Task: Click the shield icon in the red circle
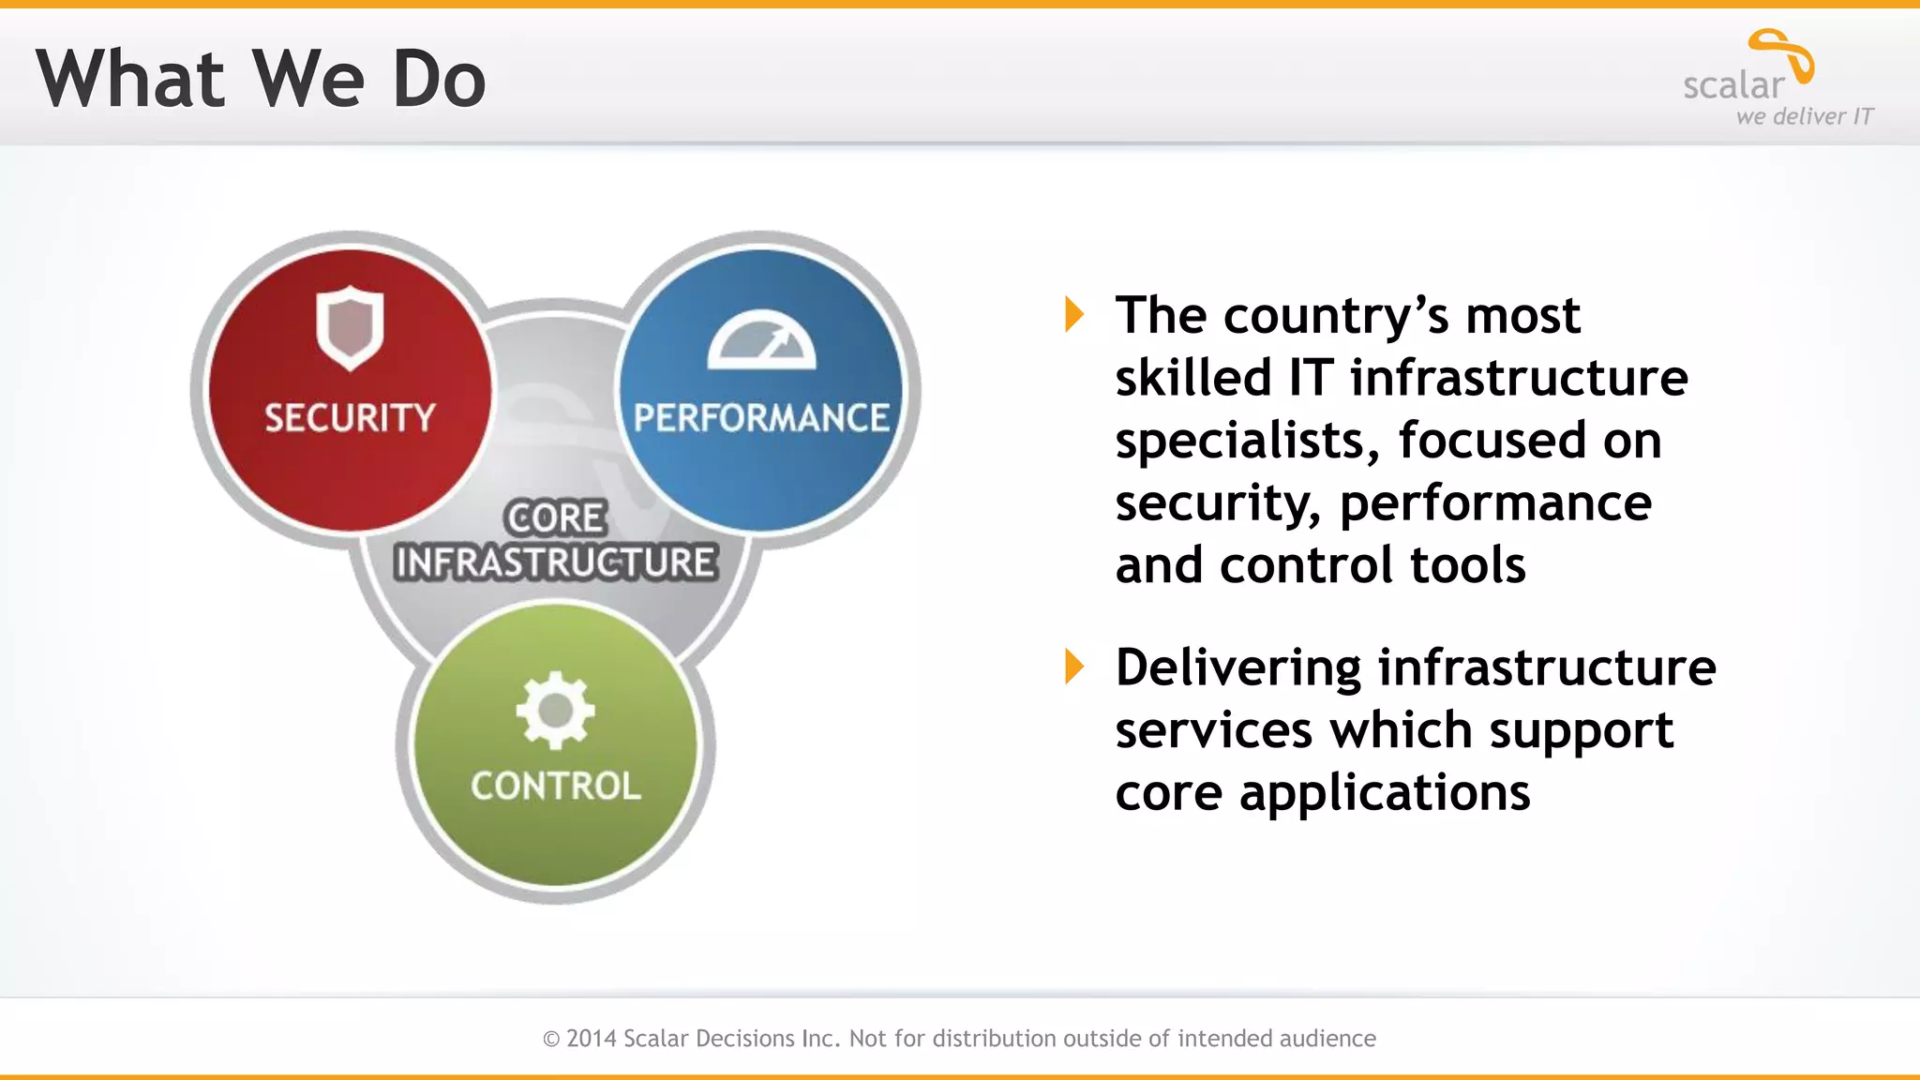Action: pos(350,327)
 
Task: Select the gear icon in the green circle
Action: pos(556,710)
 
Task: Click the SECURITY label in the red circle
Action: pos(350,418)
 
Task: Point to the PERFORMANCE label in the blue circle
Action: pos(761,418)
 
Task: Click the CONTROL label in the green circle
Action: pos(556,787)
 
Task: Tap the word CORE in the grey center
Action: pos(556,517)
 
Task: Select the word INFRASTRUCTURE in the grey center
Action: pos(556,562)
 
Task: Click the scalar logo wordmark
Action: pos(1733,86)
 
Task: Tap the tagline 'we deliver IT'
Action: pos(1804,117)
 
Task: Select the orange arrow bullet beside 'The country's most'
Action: pos(1074,314)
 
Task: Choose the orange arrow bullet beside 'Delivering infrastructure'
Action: pos(1074,667)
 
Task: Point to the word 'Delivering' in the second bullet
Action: pos(1237,668)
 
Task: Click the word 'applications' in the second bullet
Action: pos(1385,793)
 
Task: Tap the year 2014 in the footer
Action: pos(592,1039)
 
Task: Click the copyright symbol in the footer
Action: pos(551,1039)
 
